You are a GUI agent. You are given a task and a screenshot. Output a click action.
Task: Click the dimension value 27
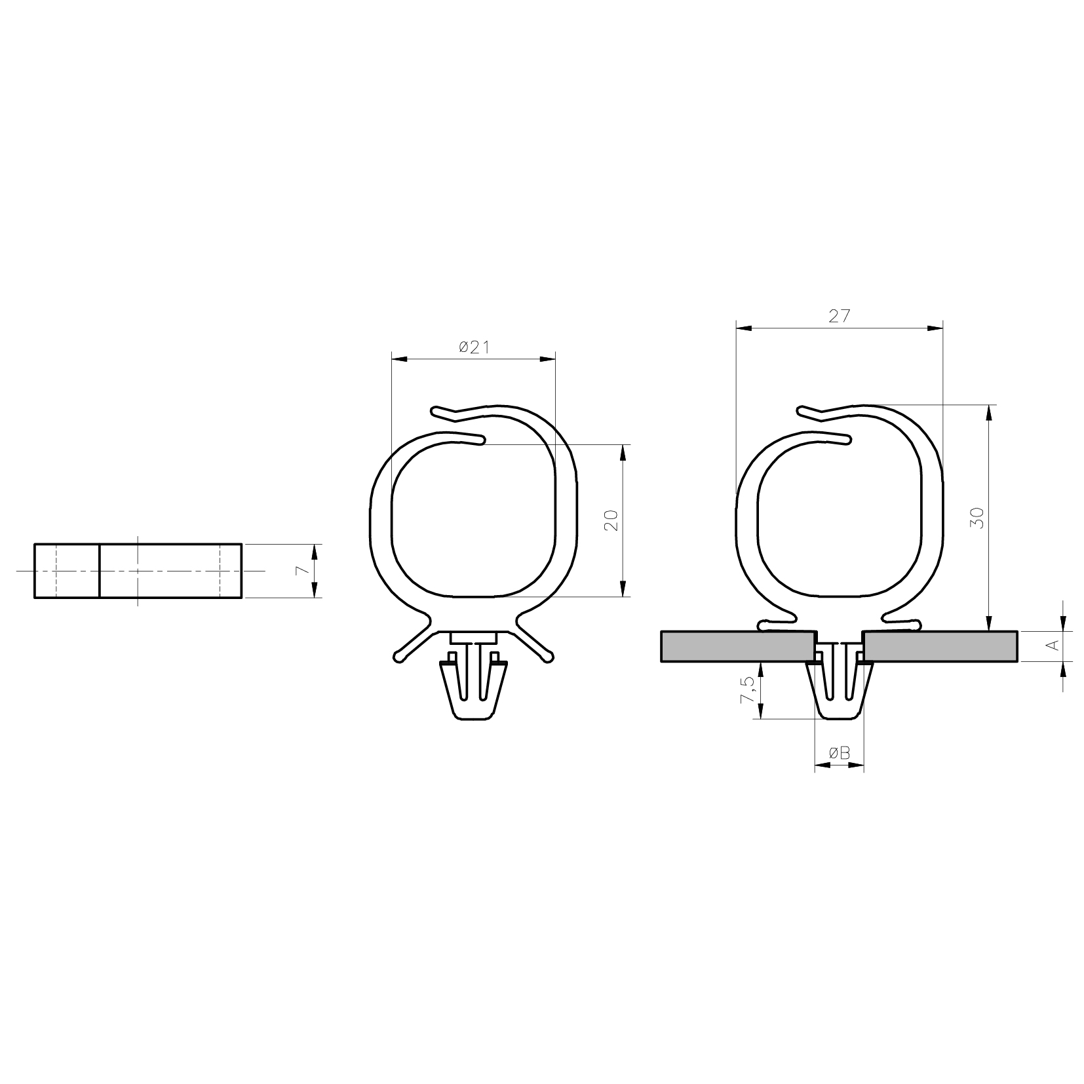[839, 317]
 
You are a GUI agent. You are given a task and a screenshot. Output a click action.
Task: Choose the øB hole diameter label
[839, 754]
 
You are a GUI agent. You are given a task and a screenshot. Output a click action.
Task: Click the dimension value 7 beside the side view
[302, 570]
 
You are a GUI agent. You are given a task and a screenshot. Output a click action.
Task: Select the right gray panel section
[941, 646]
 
